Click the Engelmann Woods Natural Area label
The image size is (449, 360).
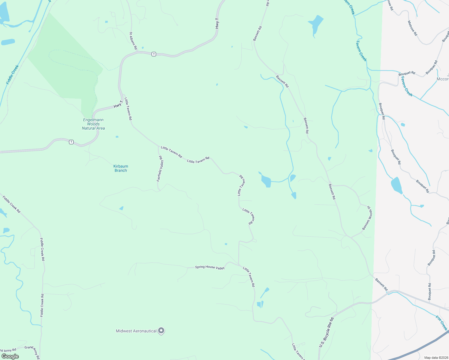[x=93, y=124]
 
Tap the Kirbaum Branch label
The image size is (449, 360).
[x=121, y=168]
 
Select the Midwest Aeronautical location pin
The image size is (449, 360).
[x=161, y=331]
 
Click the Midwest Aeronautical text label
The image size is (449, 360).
[x=136, y=331]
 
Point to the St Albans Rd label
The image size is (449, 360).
[x=133, y=41]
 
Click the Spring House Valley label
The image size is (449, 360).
[x=210, y=267]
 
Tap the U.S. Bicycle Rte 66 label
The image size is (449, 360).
[x=326, y=332]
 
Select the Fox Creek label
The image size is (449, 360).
[x=441, y=323]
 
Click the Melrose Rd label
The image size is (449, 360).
[x=412, y=28]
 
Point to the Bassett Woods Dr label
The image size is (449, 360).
[x=367, y=218]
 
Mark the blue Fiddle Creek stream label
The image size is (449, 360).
[x=13, y=74]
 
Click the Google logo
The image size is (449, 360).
[x=10, y=356]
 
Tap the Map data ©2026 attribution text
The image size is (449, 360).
[x=435, y=358]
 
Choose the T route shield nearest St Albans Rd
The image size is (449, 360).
[x=154, y=54]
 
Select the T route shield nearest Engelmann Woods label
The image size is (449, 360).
[x=71, y=142]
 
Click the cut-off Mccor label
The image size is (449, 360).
[x=443, y=79]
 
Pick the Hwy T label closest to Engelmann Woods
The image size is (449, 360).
[x=118, y=104]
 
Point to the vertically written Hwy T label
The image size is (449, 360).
[x=217, y=23]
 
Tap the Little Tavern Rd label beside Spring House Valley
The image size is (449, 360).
[x=249, y=277]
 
